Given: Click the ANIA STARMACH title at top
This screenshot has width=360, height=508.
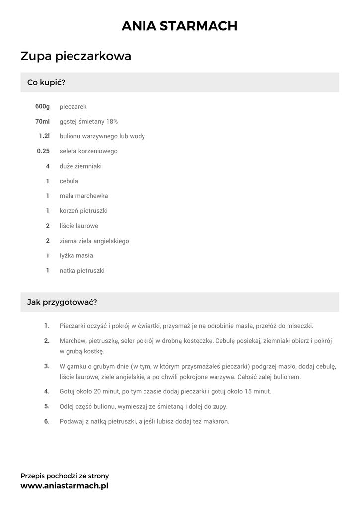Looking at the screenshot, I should pos(180,26).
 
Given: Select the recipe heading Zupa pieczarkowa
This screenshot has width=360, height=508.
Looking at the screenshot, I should pos(76,56).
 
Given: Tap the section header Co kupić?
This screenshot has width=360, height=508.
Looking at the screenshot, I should pos(46,82).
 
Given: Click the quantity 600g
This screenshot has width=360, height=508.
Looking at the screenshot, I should pos(43,107).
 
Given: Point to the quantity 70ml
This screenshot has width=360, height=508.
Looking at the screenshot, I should pos(42,122).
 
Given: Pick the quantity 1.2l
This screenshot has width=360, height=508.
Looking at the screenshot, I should pos(44,136).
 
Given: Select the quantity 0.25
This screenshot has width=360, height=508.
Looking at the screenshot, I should pos(43,151).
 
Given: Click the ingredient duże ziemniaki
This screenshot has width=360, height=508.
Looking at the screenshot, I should pos(80,166).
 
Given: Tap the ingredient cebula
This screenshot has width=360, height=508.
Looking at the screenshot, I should pos(69,181).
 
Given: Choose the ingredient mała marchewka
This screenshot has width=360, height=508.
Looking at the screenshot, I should pos(83,196).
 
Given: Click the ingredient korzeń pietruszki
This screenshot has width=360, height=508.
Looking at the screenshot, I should pos(83,211).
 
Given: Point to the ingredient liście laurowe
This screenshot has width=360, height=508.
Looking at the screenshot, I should pos(79,226).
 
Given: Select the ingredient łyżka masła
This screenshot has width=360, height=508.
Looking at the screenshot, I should pos(76,256).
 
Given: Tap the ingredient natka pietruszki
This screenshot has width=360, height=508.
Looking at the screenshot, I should pos(82,271).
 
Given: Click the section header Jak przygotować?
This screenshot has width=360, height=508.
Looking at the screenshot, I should pos(62,302).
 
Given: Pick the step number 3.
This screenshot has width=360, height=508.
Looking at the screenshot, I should pos(47,366).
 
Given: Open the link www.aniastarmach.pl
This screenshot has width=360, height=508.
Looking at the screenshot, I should pos(64,486).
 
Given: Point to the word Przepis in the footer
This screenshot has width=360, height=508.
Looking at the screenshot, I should pos(32,476).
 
